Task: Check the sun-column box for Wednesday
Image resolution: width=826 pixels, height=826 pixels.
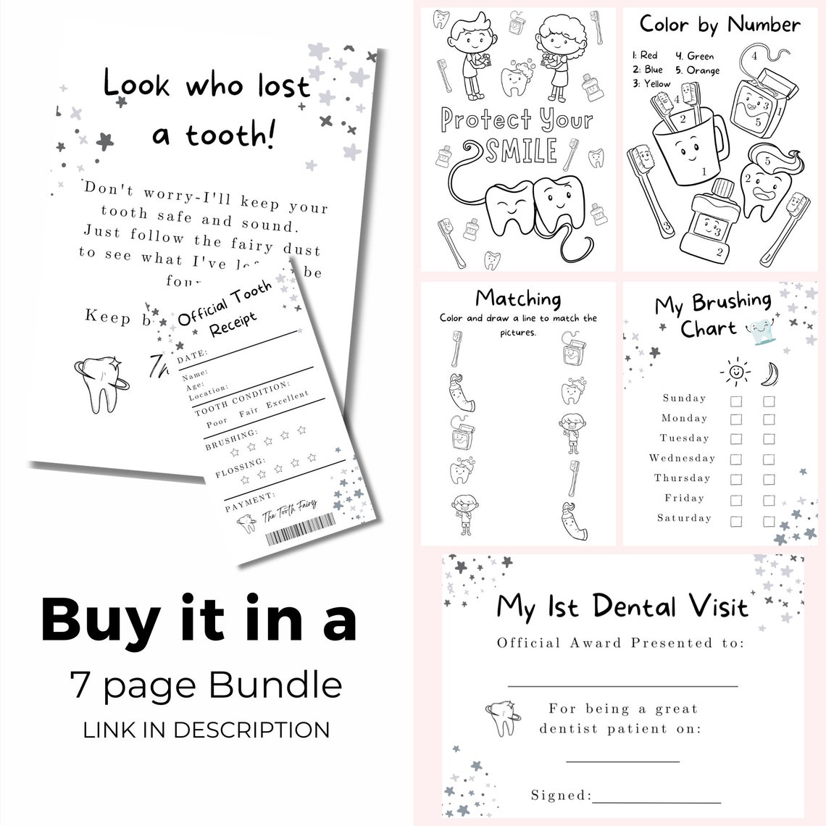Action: pyautogui.click(x=736, y=459)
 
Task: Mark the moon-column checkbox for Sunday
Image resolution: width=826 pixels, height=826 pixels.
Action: pyautogui.click(x=769, y=401)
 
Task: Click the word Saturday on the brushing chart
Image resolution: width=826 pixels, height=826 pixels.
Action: pyautogui.click(x=684, y=518)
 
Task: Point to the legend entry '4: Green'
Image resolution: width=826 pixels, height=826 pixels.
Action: pyautogui.click(x=695, y=56)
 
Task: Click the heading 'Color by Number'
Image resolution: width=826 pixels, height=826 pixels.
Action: pyautogui.click(x=719, y=25)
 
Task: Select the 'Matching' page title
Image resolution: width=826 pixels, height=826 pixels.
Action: pyautogui.click(x=518, y=298)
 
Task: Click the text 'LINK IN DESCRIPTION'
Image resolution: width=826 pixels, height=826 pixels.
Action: pyautogui.click(x=206, y=729)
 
